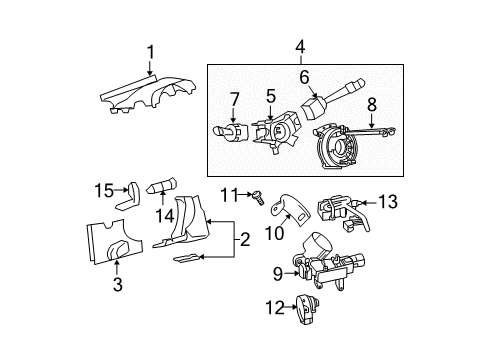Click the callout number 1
coord(150,53)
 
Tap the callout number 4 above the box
coord(299,45)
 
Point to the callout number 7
coord(234,100)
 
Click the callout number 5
coord(269,97)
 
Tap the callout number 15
coord(101,191)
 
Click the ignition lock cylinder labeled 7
coord(228,131)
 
